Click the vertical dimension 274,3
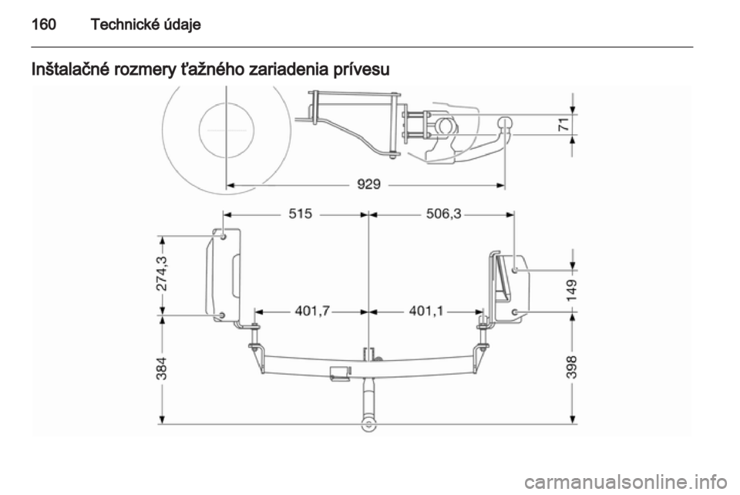point(162,272)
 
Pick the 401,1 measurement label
point(426,311)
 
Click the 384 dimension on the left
point(162,371)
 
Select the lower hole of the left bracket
point(222,315)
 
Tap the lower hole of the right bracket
point(516,311)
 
